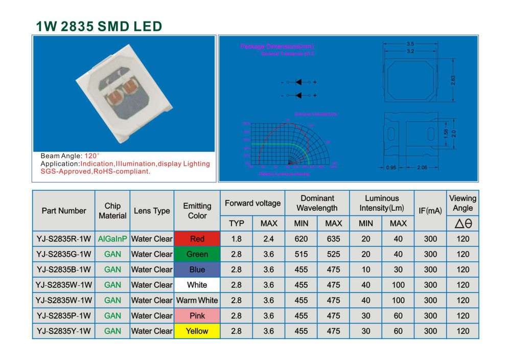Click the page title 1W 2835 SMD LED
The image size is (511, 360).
click(x=99, y=27)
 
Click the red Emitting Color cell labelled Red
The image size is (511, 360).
click(x=197, y=239)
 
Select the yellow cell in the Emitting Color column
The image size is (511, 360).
click(x=197, y=331)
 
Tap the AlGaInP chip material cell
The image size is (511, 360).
click(x=112, y=239)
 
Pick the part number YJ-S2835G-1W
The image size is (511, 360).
click(x=64, y=254)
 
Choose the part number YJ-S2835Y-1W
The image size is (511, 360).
click(x=64, y=331)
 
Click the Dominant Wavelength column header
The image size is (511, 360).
click(x=317, y=203)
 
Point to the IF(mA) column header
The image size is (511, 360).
click(x=430, y=211)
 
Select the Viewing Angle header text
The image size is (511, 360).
click(x=462, y=203)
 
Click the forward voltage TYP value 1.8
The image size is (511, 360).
click(x=236, y=239)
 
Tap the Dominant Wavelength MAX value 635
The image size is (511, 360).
click(x=333, y=239)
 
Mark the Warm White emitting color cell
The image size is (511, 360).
click(x=197, y=300)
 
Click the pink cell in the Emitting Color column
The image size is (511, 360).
click(x=197, y=316)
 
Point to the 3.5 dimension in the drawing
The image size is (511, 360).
click(x=410, y=44)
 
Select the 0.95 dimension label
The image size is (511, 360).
click(x=391, y=167)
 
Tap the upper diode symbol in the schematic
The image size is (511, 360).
click(x=299, y=82)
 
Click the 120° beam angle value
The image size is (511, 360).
click(x=92, y=155)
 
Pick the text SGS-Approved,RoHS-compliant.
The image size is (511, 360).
click(x=95, y=171)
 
